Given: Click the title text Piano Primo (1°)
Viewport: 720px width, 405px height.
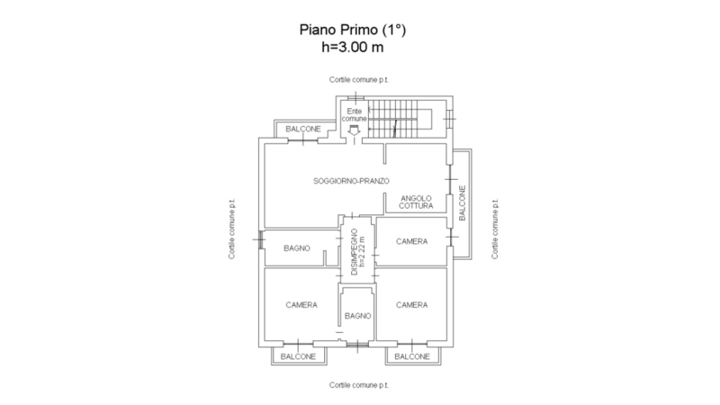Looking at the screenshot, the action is point(353,31).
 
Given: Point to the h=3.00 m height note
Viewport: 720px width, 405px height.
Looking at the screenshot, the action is point(353,47).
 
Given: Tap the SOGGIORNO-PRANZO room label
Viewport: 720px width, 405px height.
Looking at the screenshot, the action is point(351,181).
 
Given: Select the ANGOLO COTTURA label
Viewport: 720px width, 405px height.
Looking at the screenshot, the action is point(416,202).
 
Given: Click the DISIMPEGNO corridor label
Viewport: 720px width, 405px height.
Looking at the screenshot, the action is point(354,252).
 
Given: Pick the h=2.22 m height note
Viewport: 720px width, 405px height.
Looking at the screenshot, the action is point(363,252).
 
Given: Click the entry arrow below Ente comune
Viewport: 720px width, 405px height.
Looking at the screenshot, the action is point(354,130).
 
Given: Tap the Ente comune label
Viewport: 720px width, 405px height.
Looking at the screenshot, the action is point(355,115).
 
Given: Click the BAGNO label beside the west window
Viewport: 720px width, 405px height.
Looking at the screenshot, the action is point(297,248).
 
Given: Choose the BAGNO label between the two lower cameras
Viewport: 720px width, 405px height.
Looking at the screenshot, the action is point(357,316).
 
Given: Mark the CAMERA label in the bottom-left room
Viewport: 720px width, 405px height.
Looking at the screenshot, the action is point(301,305).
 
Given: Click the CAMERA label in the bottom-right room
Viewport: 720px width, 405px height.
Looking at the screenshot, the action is point(412,305).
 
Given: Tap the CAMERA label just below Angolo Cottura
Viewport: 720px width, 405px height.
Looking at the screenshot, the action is point(412,241).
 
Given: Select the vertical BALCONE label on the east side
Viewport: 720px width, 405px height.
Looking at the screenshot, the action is point(463,203).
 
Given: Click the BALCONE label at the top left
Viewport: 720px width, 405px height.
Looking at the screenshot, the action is point(303,129).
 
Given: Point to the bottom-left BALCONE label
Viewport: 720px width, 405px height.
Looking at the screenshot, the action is point(298,356).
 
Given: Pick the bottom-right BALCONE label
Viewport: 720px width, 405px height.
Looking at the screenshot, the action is point(412,356).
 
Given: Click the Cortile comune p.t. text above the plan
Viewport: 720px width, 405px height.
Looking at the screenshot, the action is point(359,80).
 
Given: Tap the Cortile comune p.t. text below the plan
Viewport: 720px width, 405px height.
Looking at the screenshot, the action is point(359,385).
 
